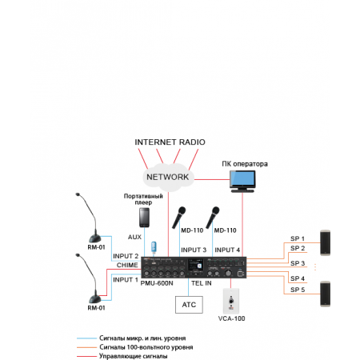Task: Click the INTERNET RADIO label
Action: pos(170,143)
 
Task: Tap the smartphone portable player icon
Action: pos(144,218)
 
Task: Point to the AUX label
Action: pos(134,238)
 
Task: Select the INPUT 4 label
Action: pos(226,250)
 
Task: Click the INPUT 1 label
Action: pos(126,280)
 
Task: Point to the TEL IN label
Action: pos(201,282)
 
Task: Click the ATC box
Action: pos(189,304)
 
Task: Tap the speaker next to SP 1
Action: pos(326,242)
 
